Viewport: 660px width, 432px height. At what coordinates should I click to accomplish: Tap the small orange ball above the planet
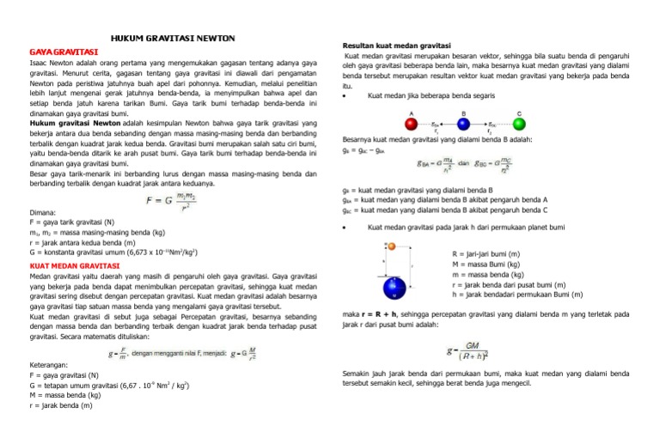pyautogui.click(x=391, y=247)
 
